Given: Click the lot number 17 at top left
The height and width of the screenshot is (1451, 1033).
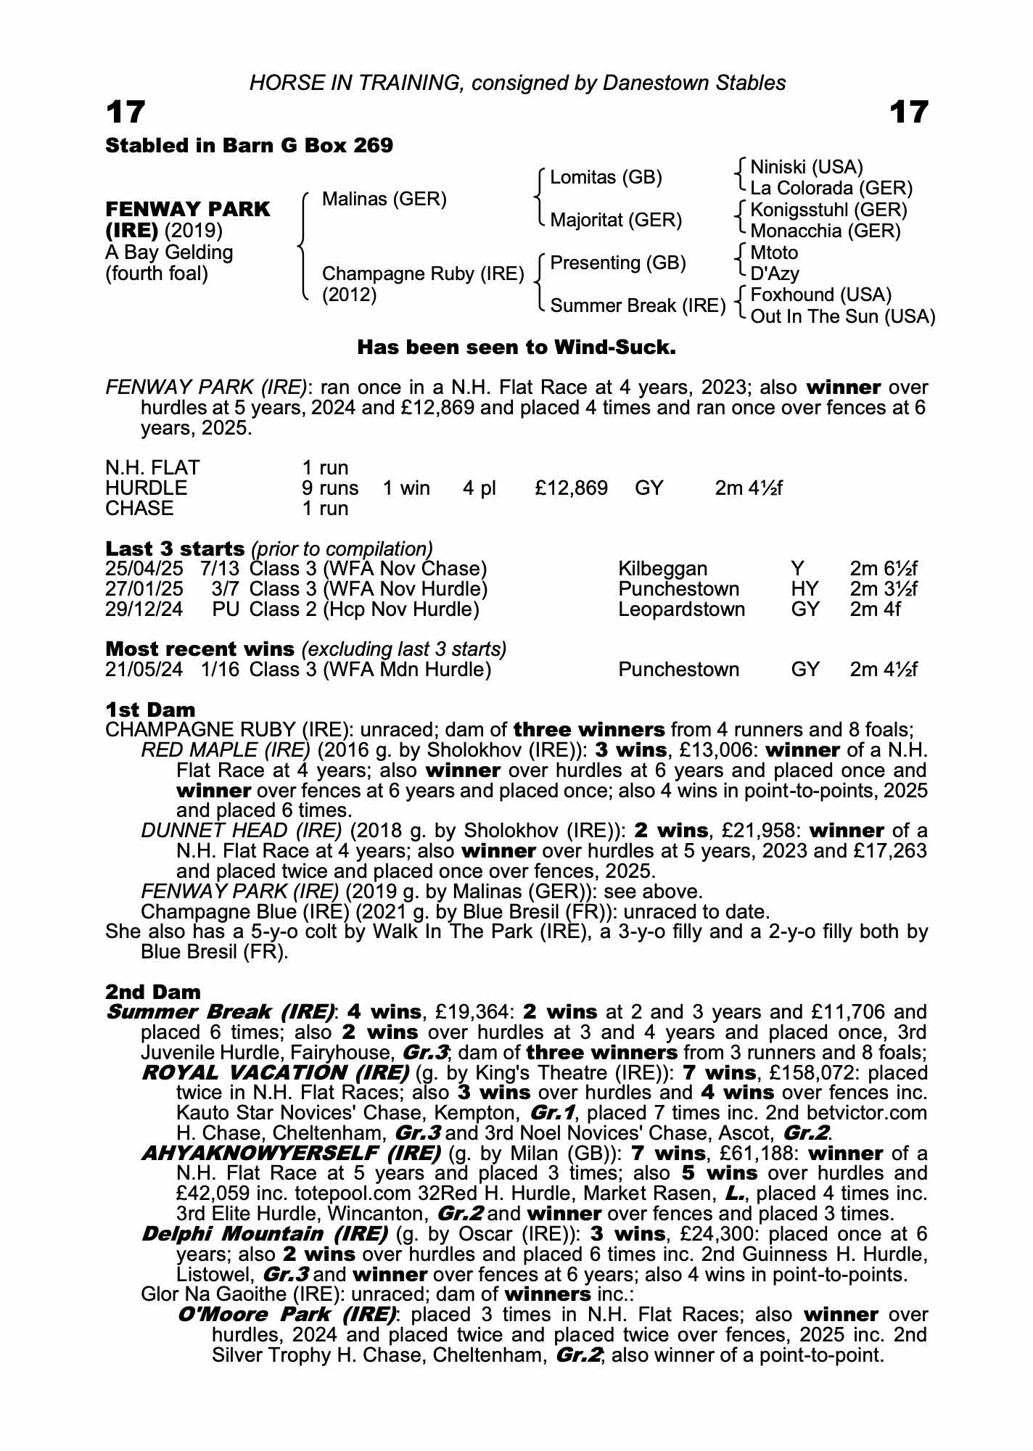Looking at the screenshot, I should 125,112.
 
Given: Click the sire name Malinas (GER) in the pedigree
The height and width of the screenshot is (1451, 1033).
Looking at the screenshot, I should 384,199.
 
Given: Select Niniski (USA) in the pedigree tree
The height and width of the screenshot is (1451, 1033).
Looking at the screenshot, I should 806,168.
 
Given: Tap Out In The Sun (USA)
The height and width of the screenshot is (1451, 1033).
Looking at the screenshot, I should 842,316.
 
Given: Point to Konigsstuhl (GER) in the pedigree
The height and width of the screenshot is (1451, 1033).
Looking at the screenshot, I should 828,210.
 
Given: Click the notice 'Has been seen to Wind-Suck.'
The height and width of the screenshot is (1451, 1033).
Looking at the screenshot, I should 516,348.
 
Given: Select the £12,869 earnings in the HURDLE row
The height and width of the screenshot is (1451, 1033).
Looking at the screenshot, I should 571,488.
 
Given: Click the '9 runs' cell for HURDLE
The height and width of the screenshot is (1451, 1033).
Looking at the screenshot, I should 330,488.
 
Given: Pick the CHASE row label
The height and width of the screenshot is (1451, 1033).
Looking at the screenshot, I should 139,508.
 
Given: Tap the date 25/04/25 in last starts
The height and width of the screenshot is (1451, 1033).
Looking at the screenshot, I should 144,568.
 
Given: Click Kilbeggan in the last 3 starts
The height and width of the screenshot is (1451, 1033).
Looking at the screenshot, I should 662,568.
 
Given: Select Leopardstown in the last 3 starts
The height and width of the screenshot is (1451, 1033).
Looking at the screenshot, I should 681,609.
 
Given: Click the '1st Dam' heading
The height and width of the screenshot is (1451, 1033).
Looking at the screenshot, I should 150,710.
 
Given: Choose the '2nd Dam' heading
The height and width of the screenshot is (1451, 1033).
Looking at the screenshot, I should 152,991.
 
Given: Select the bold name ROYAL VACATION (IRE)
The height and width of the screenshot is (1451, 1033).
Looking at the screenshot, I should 276,1072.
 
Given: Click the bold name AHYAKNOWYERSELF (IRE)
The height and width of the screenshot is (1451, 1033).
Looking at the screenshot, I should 291,1153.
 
